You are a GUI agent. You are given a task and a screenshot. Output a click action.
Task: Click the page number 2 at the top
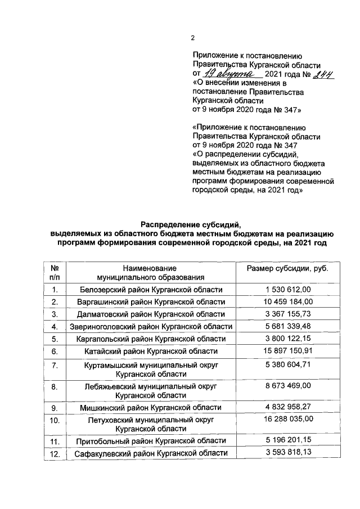point(192,38)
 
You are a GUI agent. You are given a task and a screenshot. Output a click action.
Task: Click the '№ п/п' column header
point(55,273)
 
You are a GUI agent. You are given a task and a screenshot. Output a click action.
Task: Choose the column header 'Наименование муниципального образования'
point(151,273)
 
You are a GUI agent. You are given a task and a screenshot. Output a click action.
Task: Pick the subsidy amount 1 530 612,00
point(287,289)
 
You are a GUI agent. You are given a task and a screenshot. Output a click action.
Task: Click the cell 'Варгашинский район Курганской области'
point(151,302)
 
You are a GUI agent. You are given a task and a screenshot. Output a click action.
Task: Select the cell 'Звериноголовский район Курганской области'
point(151,326)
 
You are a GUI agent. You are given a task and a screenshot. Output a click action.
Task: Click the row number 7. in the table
point(55,366)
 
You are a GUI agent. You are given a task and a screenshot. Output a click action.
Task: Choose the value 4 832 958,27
point(287,406)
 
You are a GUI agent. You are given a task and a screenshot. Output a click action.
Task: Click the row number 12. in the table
point(55,453)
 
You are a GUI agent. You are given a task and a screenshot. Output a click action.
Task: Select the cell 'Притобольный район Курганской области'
point(151,440)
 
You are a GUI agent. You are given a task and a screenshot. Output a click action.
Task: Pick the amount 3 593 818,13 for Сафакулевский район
point(287,452)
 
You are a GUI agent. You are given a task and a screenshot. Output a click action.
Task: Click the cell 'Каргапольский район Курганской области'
point(151,339)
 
